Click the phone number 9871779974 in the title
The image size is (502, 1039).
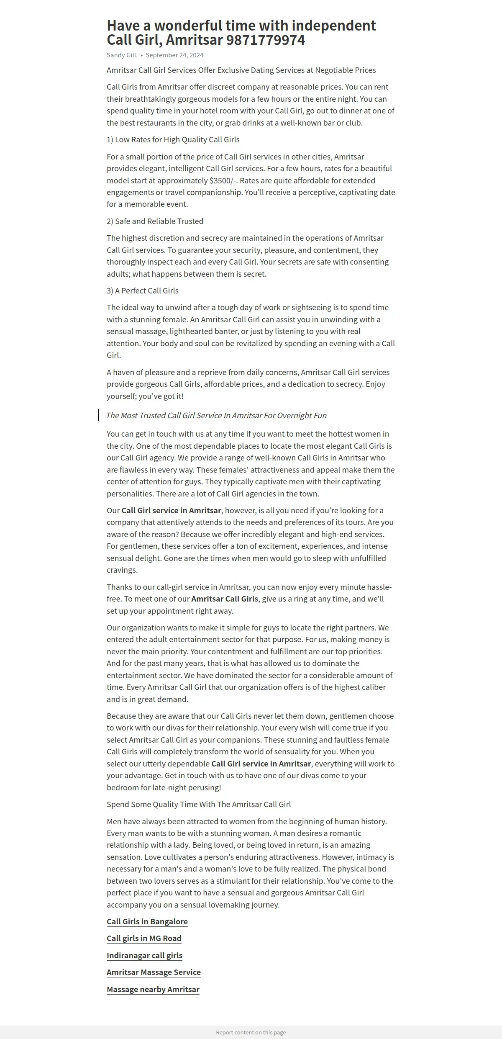click(266, 40)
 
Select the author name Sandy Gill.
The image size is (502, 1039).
click(122, 55)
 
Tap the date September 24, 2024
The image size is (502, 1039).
click(174, 55)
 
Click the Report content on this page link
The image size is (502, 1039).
click(251, 1032)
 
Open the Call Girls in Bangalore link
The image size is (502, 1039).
click(147, 921)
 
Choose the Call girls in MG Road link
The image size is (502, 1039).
click(144, 939)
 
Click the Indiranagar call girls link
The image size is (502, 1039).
click(144, 955)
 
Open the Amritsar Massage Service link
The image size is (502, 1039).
click(154, 972)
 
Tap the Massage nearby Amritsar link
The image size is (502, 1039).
click(153, 990)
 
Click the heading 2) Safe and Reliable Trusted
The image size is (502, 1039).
click(155, 221)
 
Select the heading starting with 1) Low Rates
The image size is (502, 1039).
click(173, 140)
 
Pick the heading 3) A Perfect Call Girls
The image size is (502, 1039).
click(143, 291)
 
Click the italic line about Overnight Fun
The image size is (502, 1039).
click(216, 416)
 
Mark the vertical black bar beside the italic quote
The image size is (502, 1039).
click(99, 415)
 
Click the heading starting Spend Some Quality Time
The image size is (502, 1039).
click(199, 805)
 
